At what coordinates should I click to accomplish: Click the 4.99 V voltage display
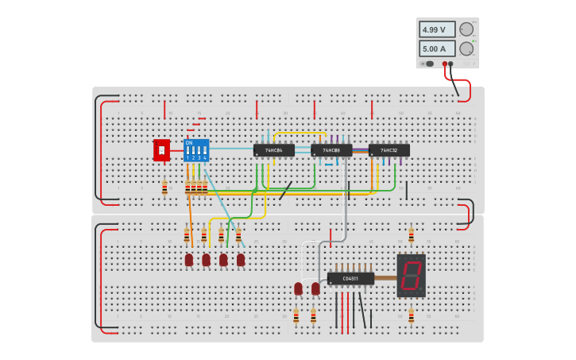point(437,29)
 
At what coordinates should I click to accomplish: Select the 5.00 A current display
point(437,48)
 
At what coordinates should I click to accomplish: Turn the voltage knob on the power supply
point(466,29)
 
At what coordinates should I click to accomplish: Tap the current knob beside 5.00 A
point(466,48)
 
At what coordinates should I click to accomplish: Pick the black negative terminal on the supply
point(450,64)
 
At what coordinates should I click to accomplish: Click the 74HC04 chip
point(273,149)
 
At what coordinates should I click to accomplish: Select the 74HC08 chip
point(331,149)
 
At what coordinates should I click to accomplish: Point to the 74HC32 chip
point(389,149)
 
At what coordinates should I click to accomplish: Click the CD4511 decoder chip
point(350,278)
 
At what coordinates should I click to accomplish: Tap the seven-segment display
point(411,275)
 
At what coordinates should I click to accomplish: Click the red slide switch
point(161,149)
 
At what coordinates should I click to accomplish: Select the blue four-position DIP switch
point(195,150)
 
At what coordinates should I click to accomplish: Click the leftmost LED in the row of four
point(189,260)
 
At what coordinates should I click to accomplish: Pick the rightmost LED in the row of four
point(241,260)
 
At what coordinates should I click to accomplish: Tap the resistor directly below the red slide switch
point(164,188)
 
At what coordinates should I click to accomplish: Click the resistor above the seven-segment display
point(411,235)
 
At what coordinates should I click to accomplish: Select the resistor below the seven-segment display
point(411,316)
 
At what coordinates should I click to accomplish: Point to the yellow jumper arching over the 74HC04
point(298,133)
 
